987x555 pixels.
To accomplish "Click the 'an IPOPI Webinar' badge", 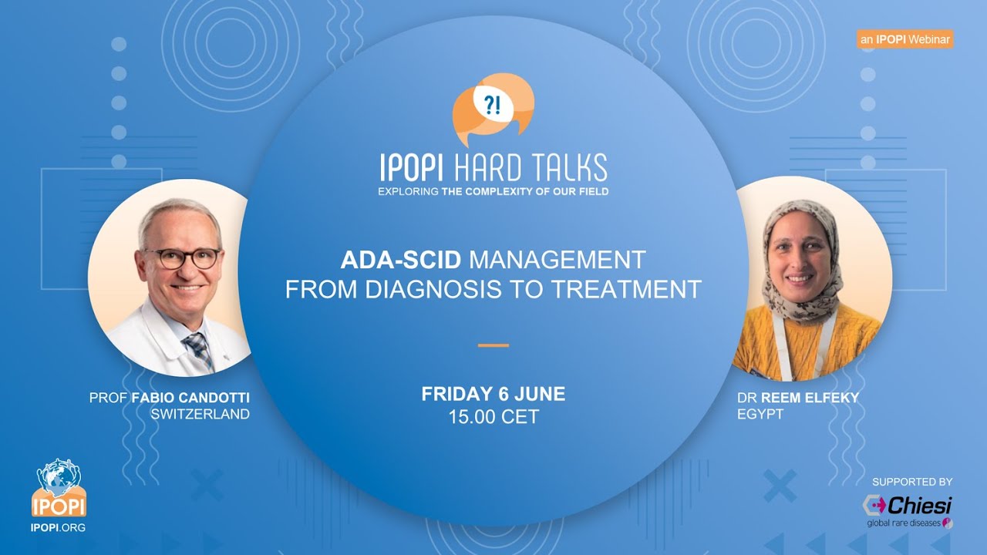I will (x=904, y=39).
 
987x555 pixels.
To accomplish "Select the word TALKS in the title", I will (x=568, y=167).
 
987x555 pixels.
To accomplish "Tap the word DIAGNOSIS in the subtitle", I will (x=426, y=290).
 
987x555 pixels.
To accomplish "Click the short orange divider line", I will (x=493, y=345).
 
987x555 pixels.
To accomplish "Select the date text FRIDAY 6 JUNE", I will (x=493, y=395).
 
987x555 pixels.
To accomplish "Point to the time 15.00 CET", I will (x=493, y=418).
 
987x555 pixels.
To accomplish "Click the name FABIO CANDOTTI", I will (x=190, y=398).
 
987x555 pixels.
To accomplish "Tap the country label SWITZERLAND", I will (x=200, y=414).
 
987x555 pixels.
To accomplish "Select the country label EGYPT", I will (x=760, y=414).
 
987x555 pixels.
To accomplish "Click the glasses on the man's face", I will (x=180, y=258).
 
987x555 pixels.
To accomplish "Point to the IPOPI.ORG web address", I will (x=58, y=528).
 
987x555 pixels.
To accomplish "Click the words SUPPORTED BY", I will (x=912, y=482).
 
